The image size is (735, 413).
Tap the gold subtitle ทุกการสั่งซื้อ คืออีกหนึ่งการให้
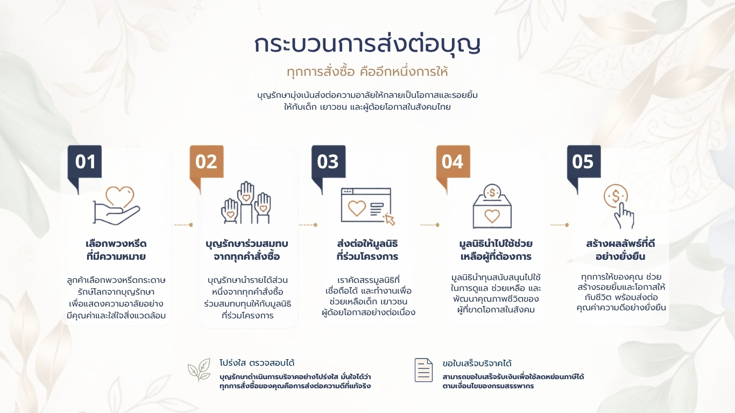(x=367, y=72)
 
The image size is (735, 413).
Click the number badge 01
(x=84, y=161)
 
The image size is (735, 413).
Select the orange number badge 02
(x=207, y=161)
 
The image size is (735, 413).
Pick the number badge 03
(x=328, y=161)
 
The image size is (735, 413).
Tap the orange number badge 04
(x=453, y=161)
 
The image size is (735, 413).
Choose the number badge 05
(x=584, y=161)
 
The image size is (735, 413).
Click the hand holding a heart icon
(x=116, y=205)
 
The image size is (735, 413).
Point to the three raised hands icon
(x=246, y=203)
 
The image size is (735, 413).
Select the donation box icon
(x=492, y=206)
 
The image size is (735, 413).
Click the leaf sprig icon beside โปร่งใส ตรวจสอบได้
(x=199, y=369)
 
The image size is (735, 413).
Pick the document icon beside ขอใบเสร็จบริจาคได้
(x=423, y=370)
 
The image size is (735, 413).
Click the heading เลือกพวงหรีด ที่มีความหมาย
(x=116, y=250)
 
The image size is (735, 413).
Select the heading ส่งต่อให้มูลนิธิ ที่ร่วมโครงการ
(x=367, y=250)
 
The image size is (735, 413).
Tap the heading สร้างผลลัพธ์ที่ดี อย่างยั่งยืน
(x=620, y=250)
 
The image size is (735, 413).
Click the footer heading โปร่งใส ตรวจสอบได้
(x=257, y=363)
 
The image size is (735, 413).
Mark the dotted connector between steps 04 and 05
(x=560, y=225)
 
